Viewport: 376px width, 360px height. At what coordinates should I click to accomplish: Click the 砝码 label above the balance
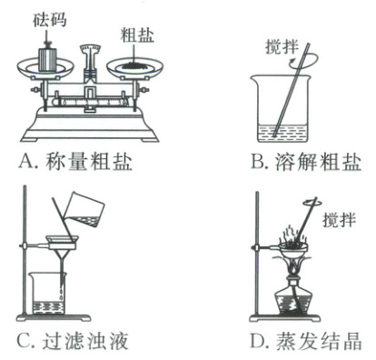tap(50, 19)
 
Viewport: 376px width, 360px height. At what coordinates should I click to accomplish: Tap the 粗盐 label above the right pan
tap(137, 35)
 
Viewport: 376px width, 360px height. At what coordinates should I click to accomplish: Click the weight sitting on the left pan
tap(49, 59)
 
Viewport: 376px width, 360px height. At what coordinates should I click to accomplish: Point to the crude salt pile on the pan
tap(134, 65)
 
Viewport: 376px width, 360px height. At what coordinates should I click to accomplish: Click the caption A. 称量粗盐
tap(75, 160)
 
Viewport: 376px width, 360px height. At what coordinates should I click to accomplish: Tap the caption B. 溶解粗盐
tap(306, 160)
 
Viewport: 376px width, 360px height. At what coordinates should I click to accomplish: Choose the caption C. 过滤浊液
tap(73, 340)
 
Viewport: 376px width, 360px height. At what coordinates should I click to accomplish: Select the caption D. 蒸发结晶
tap(306, 340)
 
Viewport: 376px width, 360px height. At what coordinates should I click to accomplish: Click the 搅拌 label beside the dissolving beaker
tap(282, 47)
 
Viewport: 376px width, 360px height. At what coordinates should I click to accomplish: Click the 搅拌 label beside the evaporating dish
tap(340, 219)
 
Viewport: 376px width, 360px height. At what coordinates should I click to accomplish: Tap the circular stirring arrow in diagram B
tap(302, 61)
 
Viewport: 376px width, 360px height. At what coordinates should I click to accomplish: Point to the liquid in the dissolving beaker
tap(282, 133)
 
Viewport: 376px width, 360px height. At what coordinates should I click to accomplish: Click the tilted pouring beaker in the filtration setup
tap(86, 209)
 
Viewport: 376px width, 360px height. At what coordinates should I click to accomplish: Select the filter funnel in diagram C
tap(62, 248)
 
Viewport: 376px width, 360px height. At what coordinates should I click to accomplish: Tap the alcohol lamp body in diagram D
tap(292, 296)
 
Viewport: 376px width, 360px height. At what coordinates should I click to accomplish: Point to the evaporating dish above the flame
tap(292, 247)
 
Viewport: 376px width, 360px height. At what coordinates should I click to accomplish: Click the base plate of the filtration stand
tap(54, 317)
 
